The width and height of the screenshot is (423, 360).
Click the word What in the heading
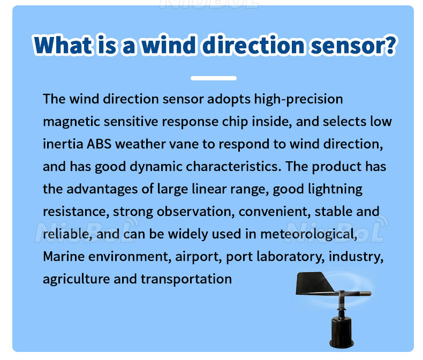pos(63,45)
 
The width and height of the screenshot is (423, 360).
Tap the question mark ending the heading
pos(389,45)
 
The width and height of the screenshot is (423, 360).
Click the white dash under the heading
pos(214,78)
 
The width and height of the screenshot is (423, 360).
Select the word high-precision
pos(298,99)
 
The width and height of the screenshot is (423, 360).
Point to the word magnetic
pos(72,122)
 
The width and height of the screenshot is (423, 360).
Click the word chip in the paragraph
pos(235,122)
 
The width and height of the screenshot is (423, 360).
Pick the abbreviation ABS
pos(99,144)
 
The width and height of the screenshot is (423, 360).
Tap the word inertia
pos(63,144)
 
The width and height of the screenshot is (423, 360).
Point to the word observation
pos(196,212)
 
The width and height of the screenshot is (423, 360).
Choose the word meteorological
pos(309,234)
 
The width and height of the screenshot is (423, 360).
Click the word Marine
pos(64,257)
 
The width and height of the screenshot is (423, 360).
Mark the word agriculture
pos(77,279)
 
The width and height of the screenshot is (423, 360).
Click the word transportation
pos(186,279)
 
